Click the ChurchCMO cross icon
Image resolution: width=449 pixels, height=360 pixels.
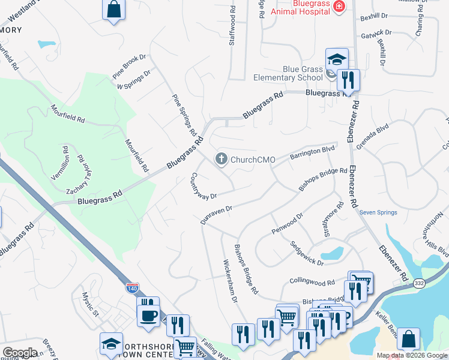(x=221, y=159)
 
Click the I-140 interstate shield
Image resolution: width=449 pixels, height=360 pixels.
(x=132, y=288)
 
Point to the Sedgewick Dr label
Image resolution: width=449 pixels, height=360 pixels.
(x=307, y=254)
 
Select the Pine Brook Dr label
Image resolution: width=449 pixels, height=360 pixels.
(x=129, y=67)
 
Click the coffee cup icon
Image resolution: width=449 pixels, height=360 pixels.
(x=148, y=315)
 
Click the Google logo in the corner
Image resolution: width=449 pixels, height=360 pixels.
(x=20, y=353)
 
